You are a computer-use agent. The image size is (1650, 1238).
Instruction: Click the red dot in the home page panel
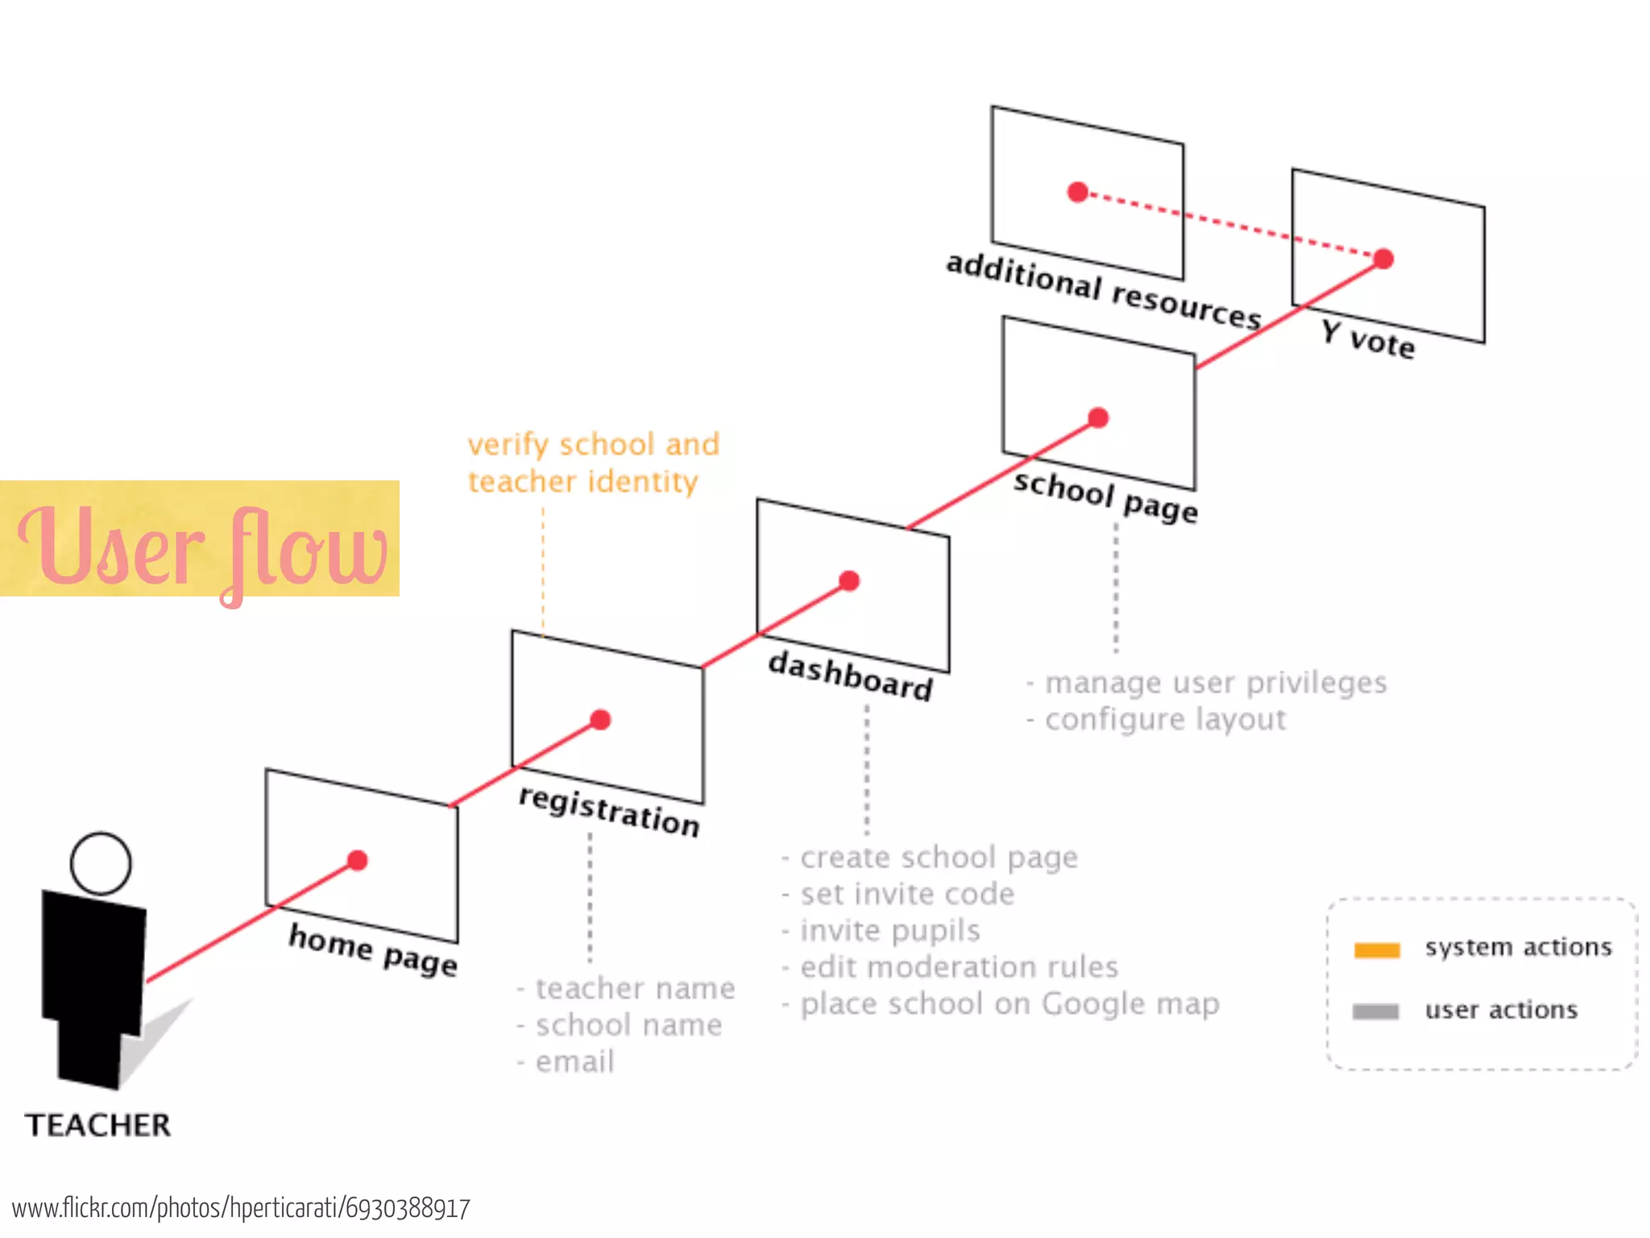[358, 861]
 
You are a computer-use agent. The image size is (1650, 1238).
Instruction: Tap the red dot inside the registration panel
[600, 720]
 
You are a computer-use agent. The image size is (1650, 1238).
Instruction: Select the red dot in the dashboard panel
[849, 581]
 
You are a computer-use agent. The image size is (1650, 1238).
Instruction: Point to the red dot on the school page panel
[1098, 418]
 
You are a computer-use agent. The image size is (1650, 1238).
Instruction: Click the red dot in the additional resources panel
[1078, 193]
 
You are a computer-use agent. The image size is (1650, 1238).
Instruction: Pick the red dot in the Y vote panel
[1383, 259]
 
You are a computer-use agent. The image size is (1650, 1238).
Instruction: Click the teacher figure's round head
[101, 863]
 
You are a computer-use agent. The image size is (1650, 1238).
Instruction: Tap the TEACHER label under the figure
[97, 1125]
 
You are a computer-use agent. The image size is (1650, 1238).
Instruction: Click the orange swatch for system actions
[1377, 950]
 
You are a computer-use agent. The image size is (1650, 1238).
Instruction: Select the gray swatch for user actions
[1375, 1012]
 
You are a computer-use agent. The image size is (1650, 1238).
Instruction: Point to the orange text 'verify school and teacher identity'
[594, 463]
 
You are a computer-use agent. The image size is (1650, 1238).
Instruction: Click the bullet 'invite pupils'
[889, 931]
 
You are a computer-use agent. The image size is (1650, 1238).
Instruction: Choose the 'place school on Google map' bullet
[1009, 1004]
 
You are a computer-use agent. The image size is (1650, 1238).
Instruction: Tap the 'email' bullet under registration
[574, 1062]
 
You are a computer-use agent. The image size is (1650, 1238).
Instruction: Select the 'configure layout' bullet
[1164, 719]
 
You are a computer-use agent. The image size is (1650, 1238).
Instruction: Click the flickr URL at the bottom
[241, 1208]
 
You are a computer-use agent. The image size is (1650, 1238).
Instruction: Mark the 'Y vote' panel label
[1367, 339]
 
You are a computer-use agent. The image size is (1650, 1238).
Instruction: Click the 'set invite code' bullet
[906, 894]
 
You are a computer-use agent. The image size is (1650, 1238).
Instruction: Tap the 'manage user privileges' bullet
[1215, 683]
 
